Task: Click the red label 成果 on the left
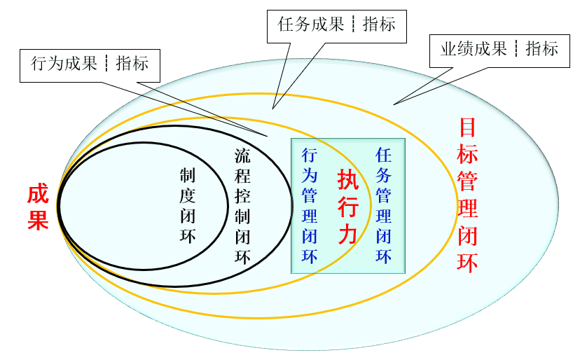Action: point(38,207)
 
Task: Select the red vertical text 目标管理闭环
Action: point(467,195)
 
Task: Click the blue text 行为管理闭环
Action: point(310,205)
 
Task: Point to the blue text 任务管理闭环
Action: point(383,205)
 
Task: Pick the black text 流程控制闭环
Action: point(242,206)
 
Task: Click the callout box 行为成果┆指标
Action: point(90,64)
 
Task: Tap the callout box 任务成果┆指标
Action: point(337,25)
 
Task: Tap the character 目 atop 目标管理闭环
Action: point(467,127)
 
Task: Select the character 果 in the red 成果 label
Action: point(38,220)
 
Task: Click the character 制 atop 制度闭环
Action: point(188,175)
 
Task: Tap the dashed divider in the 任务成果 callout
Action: point(354,25)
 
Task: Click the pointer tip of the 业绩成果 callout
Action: point(394,105)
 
